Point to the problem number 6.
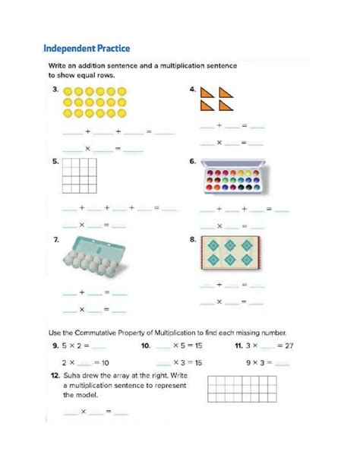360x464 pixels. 193,162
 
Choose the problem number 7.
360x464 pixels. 56,240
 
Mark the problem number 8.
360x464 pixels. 193,240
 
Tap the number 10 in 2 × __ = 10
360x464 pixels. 105,362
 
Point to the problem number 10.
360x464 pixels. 145,346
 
